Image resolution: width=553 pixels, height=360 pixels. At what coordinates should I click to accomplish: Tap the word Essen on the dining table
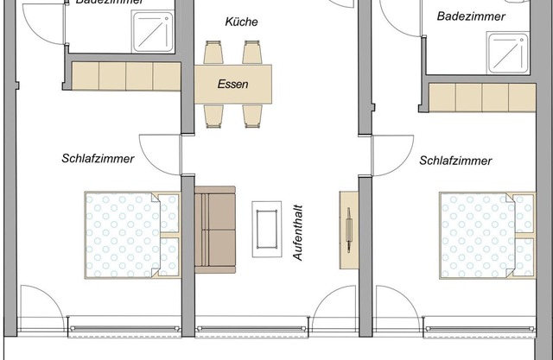pos(233,85)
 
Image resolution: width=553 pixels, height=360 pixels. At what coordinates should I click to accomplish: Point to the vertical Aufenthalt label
pos(297,227)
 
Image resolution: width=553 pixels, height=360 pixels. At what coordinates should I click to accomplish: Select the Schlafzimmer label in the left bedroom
pos(98,159)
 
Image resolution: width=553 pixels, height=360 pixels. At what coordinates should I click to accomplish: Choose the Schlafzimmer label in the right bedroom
pos(455,161)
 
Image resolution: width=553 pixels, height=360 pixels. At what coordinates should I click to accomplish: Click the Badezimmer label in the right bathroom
pos(471,16)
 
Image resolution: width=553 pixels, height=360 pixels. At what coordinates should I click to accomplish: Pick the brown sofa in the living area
pos(215,229)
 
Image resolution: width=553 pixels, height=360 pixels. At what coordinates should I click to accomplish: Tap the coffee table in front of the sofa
pos(266,228)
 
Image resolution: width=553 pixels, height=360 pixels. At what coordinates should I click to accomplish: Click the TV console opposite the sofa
pos(349,229)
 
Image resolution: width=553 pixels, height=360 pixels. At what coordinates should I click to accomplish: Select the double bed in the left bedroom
pos(131,235)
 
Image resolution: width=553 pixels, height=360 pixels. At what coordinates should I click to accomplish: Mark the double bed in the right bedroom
pos(486,236)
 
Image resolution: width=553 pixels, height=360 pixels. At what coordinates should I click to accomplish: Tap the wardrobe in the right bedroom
pos(484,98)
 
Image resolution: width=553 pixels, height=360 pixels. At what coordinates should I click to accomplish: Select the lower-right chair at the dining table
pos(251,115)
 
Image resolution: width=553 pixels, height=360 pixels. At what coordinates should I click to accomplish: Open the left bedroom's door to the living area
pos(161,151)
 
